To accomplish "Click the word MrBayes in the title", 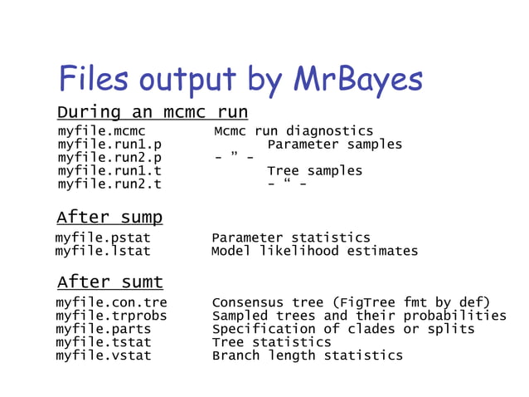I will coord(357,80).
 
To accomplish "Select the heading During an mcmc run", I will coord(152,111).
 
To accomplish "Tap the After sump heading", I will coord(109,218).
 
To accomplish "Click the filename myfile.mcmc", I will coord(102,131).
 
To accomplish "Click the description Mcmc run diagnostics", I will coord(294,131).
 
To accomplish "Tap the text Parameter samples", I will coord(334,145).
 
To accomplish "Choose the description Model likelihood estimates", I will coord(314,251).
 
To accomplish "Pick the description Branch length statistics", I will coord(307,355).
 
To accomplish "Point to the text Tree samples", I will coord(314,171).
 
